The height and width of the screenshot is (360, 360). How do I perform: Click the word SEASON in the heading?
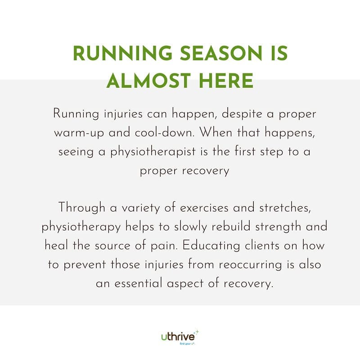coord(220,53)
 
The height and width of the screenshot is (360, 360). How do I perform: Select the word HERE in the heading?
coord(226,81)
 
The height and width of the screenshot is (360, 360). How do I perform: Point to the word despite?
coord(242,114)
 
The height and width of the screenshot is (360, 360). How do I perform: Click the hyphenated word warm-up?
coord(79,133)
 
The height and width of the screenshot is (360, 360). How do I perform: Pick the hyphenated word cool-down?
coord(165,132)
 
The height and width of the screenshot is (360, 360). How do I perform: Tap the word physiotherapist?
coord(153,152)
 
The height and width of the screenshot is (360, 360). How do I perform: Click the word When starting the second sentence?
coord(216,132)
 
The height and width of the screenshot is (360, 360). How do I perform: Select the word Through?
coord(82,208)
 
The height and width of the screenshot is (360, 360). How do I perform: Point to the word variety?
coord(140,208)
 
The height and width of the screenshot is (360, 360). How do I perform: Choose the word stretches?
coord(285,208)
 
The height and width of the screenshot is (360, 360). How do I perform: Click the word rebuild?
coord(231,227)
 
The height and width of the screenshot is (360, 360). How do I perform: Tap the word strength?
coord(278,227)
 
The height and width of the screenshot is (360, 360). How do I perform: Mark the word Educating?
coord(211,246)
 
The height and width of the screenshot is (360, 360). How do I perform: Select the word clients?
coord(262,245)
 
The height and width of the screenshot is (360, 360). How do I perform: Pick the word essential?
coord(138,283)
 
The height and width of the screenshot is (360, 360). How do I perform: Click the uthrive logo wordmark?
coord(178,337)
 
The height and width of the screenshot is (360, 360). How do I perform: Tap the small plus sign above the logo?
coord(197,332)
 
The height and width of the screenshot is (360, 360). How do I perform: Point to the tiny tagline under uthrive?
coord(187,343)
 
